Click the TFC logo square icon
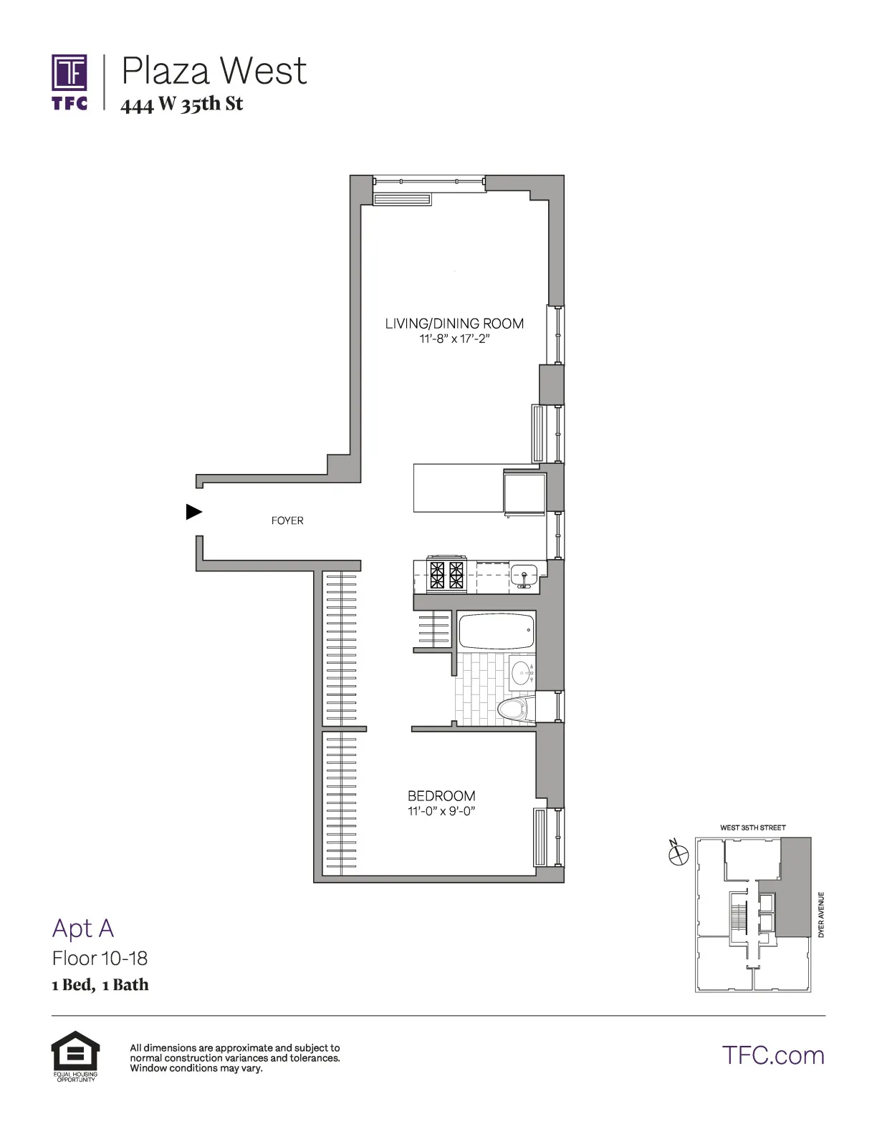click(70, 73)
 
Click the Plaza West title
click(214, 71)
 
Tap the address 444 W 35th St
click(182, 105)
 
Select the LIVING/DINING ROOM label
click(454, 324)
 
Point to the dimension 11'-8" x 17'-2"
click(454, 339)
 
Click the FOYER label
click(287, 520)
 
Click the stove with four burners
click(446, 575)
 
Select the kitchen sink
click(524, 575)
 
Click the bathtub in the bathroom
click(497, 631)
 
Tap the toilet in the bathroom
click(512, 710)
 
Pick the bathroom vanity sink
click(522, 673)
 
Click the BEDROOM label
click(441, 795)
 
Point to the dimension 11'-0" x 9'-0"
click(441, 811)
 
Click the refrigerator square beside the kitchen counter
click(524, 492)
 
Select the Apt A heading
click(83, 928)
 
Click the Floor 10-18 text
click(100, 958)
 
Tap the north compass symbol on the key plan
click(678, 853)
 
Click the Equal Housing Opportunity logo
click(75, 1055)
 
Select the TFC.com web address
click(773, 1055)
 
